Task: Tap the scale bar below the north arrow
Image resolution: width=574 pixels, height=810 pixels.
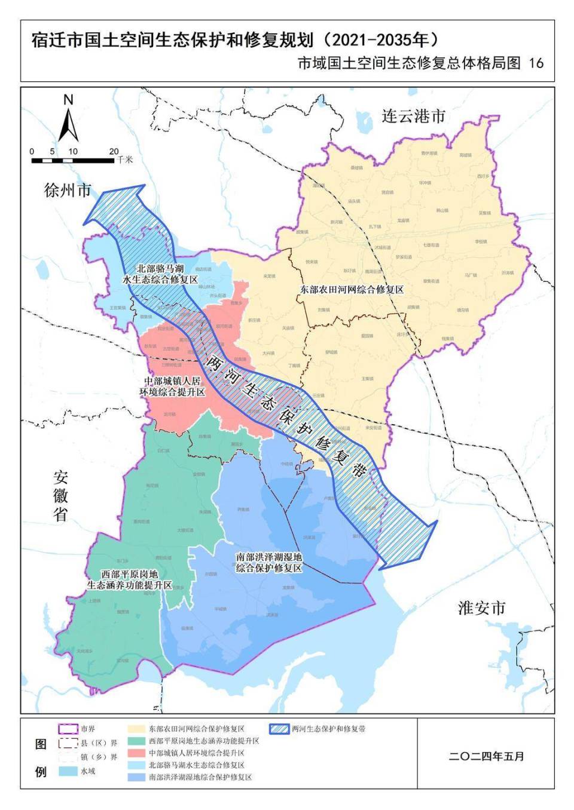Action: (73, 160)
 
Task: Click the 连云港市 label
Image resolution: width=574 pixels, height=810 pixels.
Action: (414, 116)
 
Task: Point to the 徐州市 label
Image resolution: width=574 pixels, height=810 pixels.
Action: (68, 190)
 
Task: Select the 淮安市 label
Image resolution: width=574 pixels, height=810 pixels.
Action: (482, 608)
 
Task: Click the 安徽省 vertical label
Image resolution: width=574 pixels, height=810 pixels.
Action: (60, 496)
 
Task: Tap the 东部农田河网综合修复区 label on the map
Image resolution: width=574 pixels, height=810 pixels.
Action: (352, 290)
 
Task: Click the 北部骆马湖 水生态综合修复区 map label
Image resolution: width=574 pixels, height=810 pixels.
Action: (160, 274)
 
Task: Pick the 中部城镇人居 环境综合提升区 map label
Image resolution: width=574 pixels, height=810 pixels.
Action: (172, 386)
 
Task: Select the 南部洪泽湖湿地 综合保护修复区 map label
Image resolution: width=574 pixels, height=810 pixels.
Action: (268, 562)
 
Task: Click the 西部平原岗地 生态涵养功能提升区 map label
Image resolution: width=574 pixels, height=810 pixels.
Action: (129, 579)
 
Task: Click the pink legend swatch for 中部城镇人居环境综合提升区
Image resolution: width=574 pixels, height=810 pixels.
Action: (137, 753)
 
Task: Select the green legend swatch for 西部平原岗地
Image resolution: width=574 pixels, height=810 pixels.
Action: (137, 741)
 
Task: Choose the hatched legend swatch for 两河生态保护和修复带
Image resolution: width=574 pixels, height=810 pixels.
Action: (279, 729)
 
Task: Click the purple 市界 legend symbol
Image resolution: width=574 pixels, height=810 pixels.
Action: (68, 729)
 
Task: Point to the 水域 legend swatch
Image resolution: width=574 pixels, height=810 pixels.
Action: (68, 771)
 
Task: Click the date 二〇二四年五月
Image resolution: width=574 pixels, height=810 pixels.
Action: (486, 756)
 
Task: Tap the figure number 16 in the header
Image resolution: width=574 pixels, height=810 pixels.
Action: (536, 63)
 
